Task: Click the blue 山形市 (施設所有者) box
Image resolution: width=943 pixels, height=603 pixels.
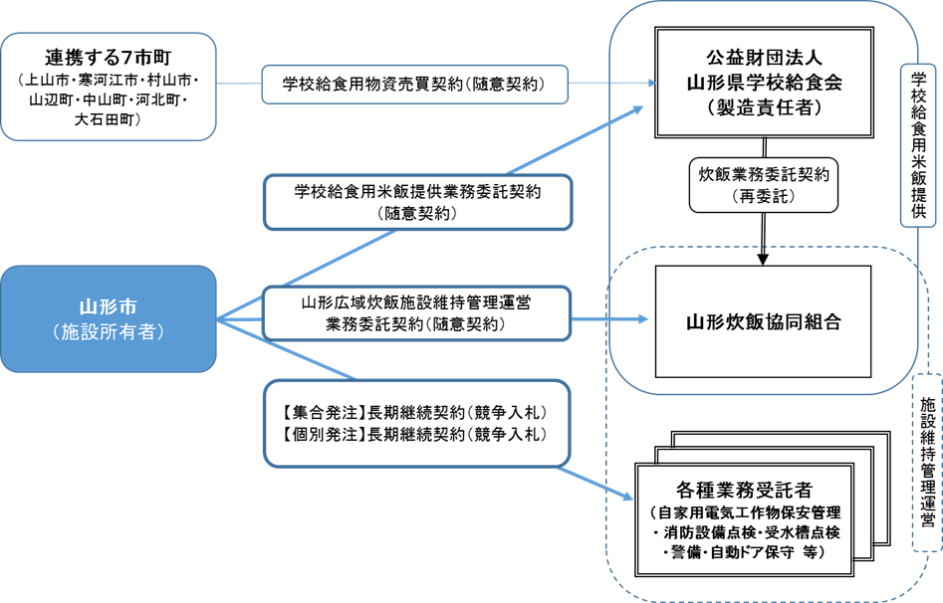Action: [x=108, y=318]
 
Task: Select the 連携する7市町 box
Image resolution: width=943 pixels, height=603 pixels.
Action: [x=109, y=87]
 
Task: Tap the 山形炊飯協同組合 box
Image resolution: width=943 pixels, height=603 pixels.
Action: [x=764, y=321]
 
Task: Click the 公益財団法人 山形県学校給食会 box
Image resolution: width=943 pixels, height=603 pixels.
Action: [x=764, y=82]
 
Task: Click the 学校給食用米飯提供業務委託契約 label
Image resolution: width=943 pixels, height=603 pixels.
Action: [x=417, y=202]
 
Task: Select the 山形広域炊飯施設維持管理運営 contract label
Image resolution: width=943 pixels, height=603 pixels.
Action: [x=417, y=310]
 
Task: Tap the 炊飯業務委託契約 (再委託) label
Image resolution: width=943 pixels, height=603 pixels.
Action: [x=764, y=183]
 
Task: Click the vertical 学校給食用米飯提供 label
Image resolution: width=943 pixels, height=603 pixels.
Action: [x=917, y=145]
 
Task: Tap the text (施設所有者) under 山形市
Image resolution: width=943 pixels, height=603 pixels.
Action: [x=108, y=331]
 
